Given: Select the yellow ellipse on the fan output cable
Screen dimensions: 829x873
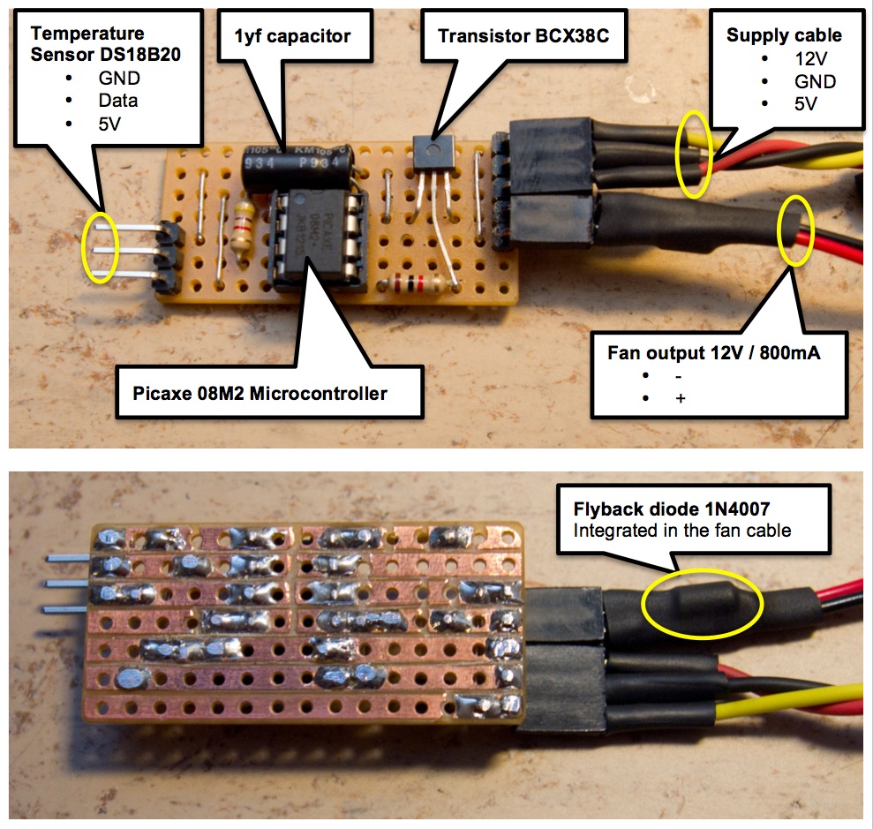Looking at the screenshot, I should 794,230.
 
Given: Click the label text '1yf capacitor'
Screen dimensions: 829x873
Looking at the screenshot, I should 292,36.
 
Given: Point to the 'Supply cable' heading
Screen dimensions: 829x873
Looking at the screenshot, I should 784,35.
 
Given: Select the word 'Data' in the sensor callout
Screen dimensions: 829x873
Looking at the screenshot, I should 118,101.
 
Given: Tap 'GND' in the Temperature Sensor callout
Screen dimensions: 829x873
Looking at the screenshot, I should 118,79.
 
